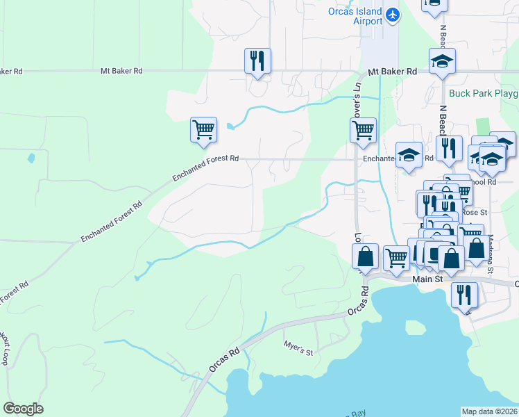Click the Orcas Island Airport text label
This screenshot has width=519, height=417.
355,16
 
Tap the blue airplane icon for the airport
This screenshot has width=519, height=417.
393,13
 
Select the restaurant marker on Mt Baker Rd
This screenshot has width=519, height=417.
257,61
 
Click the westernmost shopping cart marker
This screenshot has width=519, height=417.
203,130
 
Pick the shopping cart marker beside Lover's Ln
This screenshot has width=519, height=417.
363,130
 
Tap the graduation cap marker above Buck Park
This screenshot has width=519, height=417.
442,62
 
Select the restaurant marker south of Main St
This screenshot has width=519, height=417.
464,294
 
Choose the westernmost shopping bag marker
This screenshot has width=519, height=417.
366,256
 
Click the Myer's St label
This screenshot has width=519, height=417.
299,347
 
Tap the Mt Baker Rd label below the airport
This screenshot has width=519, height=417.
392,72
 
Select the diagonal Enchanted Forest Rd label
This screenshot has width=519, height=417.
111,222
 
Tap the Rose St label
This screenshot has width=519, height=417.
470,212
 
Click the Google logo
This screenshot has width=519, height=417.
23,409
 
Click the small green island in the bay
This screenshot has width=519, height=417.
415,327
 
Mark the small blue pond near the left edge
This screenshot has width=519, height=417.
31,158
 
